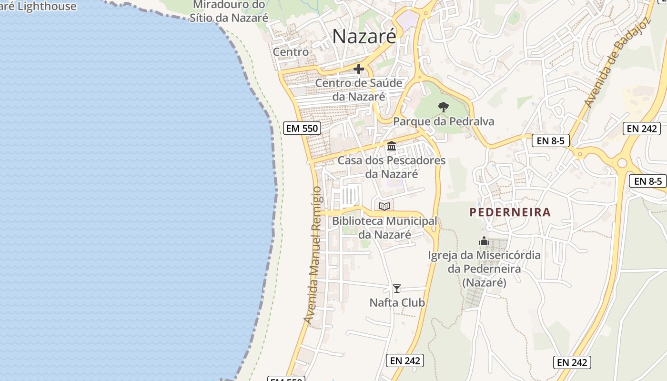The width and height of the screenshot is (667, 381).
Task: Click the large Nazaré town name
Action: (364, 37)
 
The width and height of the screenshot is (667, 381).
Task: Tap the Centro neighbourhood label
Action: (291, 51)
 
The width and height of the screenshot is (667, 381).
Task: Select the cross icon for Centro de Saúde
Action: (359, 70)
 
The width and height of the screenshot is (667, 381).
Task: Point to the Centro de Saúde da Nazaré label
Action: (359, 90)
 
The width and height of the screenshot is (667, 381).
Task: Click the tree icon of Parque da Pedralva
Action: (444, 107)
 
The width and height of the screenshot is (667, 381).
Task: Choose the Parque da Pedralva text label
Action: (444, 121)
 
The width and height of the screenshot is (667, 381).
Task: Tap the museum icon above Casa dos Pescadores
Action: (392, 146)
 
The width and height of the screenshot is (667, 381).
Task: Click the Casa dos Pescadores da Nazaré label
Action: (392, 167)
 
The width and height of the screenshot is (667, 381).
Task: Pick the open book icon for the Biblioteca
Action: (384, 206)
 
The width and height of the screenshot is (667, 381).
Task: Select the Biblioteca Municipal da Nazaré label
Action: (384, 228)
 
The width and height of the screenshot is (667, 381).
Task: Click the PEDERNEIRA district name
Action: (510, 212)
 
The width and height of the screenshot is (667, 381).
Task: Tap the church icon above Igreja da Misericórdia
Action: (484, 241)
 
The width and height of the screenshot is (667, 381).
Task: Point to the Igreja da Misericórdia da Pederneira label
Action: (484, 269)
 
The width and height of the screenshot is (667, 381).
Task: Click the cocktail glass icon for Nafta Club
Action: (396, 289)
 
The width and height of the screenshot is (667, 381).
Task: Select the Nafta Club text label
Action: (397, 302)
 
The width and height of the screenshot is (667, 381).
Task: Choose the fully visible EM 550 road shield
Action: (302, 128)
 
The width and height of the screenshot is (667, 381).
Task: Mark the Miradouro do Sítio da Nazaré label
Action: (229, 11)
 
